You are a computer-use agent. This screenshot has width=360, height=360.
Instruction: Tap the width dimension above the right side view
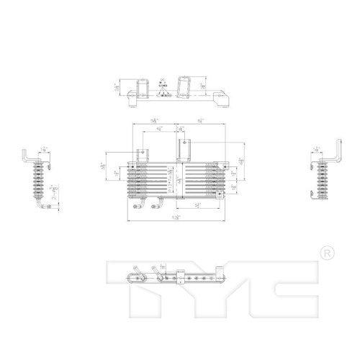click(318, 150)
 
